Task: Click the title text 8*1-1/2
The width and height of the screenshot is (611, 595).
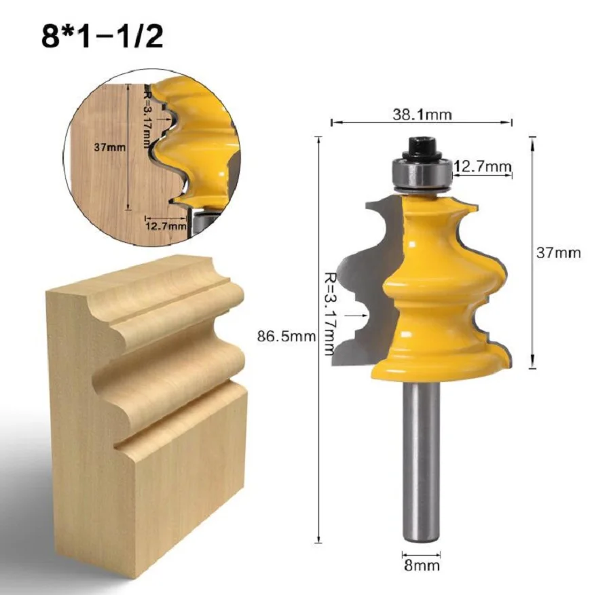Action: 102,37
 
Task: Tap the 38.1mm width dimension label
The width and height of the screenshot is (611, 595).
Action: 422,115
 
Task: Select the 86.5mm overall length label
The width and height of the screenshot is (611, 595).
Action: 286,336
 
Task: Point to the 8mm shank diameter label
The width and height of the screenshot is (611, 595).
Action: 422,565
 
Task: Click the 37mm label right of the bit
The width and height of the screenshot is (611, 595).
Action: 559,252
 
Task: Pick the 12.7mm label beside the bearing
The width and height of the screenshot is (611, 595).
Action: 482,166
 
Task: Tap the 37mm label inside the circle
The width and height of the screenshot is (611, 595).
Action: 109,148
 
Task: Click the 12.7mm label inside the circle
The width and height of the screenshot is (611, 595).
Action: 166,225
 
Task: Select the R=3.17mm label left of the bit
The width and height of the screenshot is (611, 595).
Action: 330,313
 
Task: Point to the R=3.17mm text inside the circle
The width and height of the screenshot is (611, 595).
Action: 147,120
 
